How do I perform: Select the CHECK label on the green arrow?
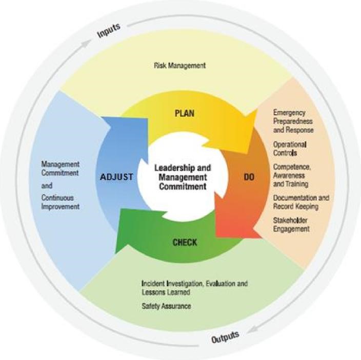coord(184,242)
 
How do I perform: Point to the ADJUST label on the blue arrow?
coord(117,177)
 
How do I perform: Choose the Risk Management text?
coord(179,66)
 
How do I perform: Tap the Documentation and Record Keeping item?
coord(301,202)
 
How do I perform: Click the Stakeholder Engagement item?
coord(291,224)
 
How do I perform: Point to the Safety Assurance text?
coord(166,306)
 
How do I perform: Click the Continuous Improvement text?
coord(61,202)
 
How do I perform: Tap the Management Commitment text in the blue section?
coord(61,168)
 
